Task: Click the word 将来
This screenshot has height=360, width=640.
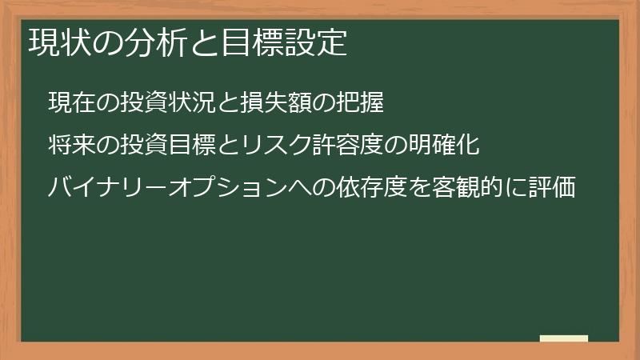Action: click(x=71, y=146)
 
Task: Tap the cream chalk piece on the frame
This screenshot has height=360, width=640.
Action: click(x=563, y=338)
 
